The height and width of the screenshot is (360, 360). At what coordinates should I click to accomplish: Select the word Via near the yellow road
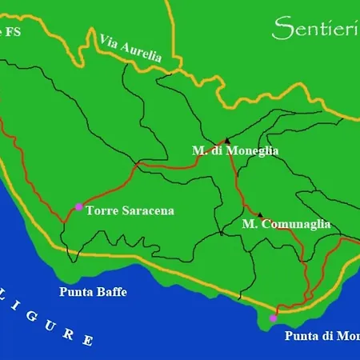coord(109,41)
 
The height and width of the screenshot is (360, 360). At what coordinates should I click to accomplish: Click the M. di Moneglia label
coord(235,150)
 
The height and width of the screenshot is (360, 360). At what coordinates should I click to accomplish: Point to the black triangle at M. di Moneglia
coord(227,138)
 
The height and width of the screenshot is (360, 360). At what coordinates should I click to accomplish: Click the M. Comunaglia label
coord(286,225)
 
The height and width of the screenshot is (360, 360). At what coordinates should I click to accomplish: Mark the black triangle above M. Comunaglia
coord(259,214)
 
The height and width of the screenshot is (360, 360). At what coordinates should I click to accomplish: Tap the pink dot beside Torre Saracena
coord(78,207)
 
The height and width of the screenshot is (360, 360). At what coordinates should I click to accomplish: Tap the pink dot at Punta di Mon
coord(273,318)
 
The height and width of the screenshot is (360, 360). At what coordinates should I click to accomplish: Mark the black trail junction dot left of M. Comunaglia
coord(221,234)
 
